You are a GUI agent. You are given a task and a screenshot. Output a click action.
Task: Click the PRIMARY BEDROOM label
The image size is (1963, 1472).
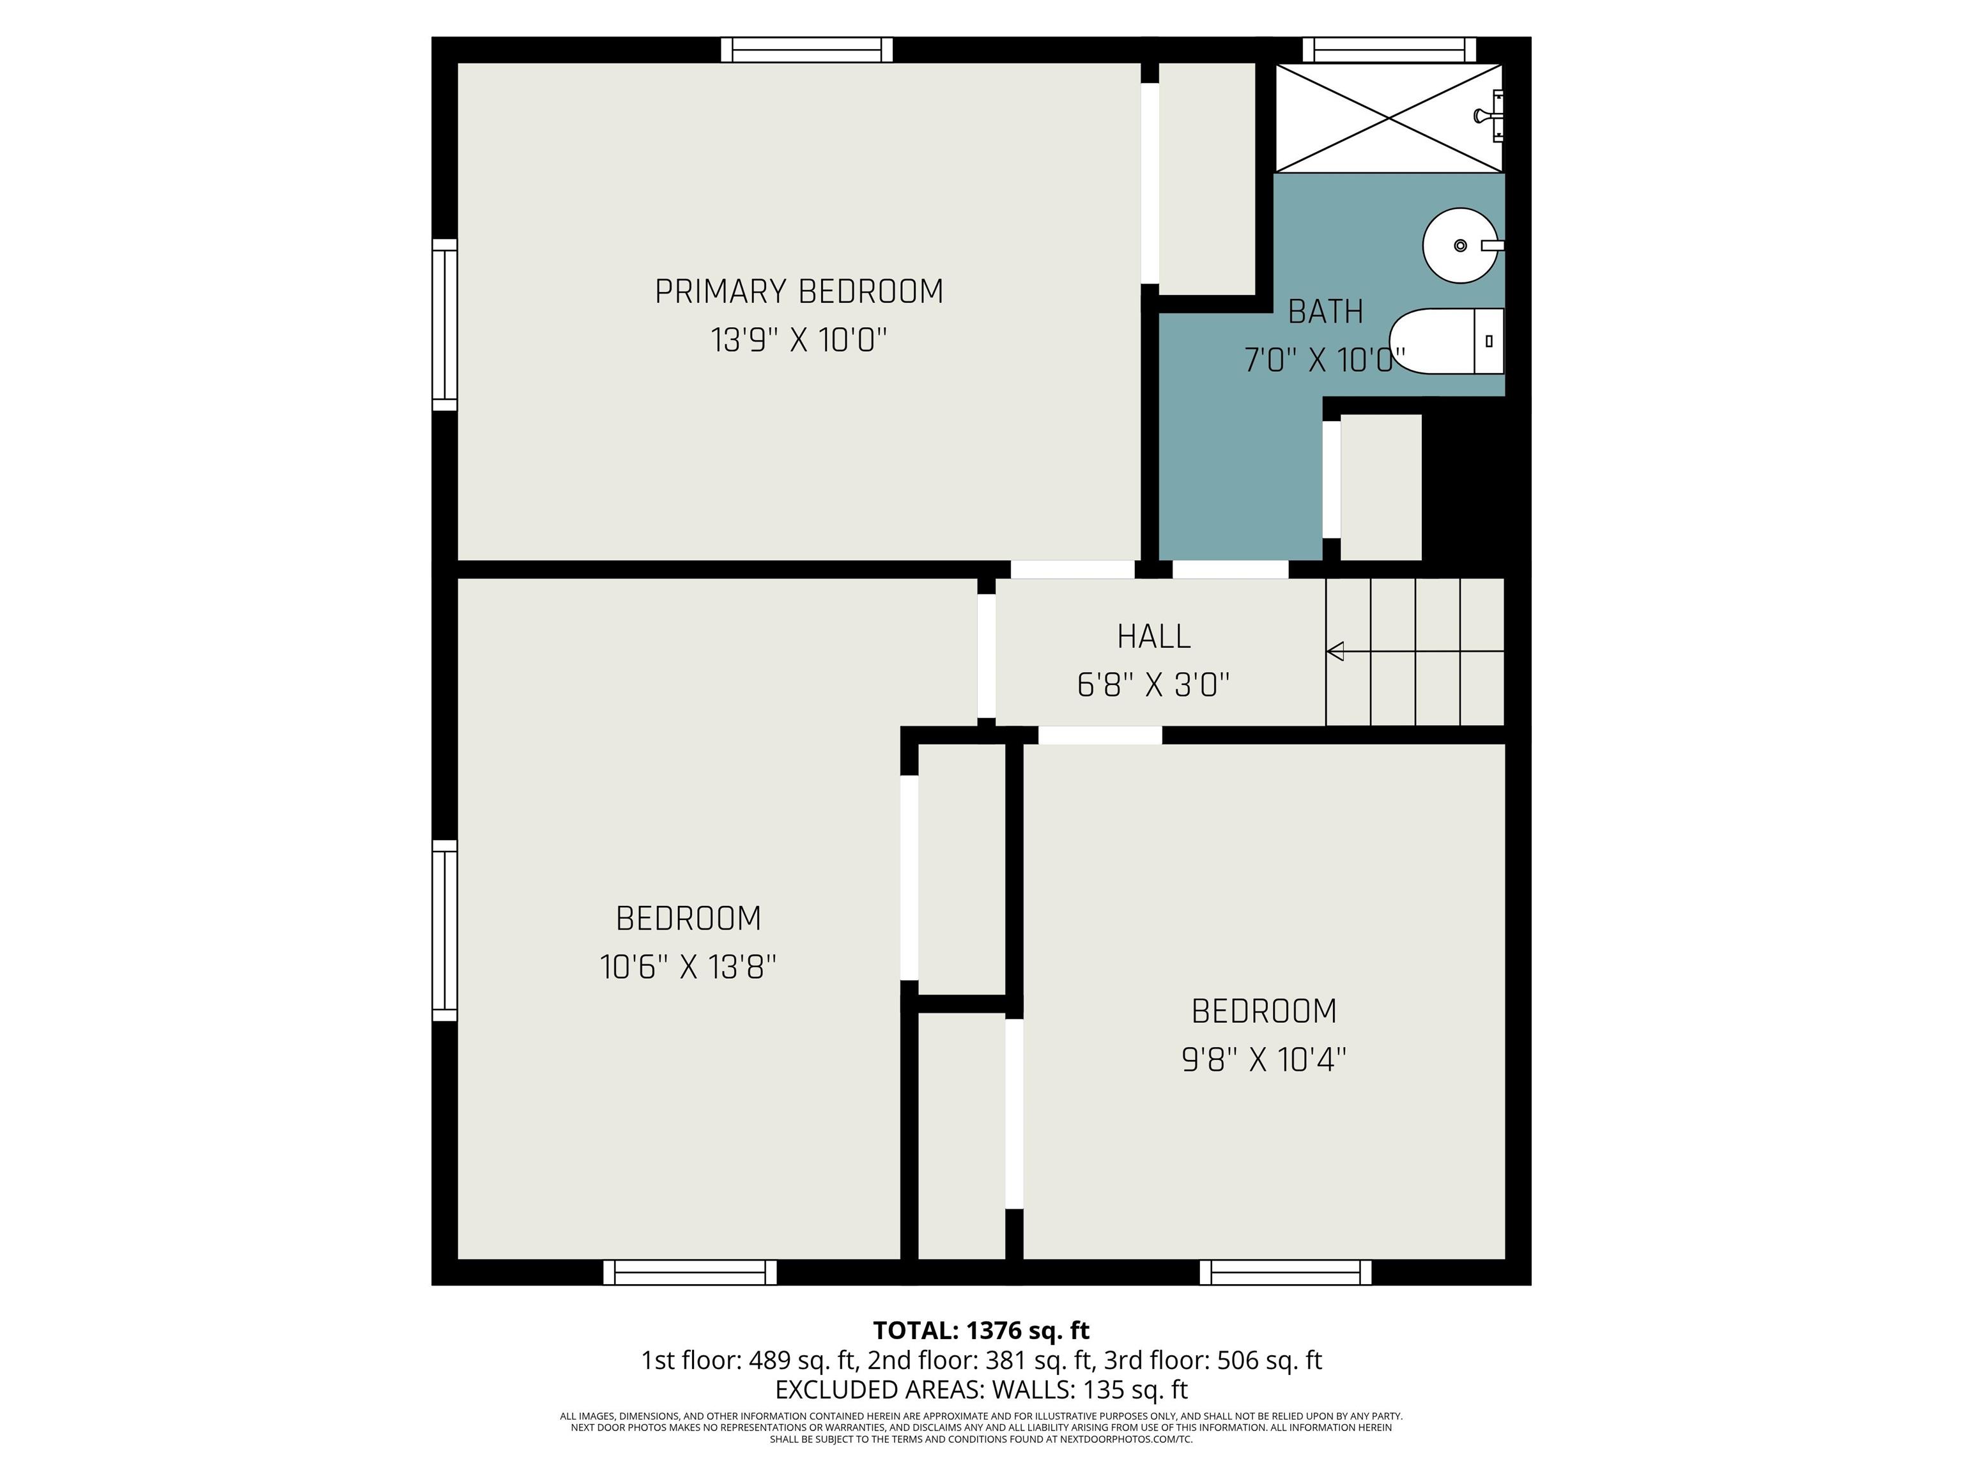click(x=799, y=292)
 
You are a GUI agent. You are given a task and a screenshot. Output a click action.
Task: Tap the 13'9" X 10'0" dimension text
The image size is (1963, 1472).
click(x=799, y=340)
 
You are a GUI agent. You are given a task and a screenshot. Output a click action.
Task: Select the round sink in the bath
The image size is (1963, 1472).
click(x=1460, y=246)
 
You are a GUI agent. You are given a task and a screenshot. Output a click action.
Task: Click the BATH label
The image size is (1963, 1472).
click(x=1325, y=311)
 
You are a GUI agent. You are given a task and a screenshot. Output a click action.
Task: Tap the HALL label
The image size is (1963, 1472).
click(x=1153, y=636)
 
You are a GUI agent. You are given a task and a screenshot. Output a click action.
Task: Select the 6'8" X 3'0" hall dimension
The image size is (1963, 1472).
click(x=1153, y=685)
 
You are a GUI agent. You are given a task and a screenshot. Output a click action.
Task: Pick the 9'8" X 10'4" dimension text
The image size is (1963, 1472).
click(x=1264, y=1059)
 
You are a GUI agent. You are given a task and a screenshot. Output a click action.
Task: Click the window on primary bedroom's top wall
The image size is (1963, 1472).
click(x=806, y=50)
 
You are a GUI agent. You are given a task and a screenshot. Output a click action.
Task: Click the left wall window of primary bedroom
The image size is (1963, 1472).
click(x=445, y=325)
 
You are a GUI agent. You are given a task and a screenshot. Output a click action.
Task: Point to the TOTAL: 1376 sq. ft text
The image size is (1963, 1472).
click(x=981, y=1330)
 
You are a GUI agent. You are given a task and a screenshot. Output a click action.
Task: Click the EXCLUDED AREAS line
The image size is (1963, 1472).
click(x=981, y=1388)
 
